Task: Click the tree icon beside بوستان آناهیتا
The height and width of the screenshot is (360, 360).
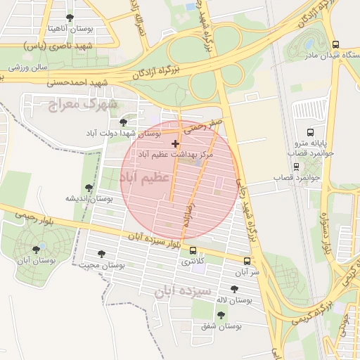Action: click(69, 18)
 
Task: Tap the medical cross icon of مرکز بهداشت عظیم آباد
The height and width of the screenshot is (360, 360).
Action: click(175, 143)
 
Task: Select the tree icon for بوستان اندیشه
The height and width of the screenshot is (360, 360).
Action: click(89, 188)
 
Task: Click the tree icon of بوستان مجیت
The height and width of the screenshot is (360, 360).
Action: click(101, 254)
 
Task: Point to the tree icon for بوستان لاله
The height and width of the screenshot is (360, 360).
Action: click(234, 288)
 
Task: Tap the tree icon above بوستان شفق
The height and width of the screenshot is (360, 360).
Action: click(221, 315)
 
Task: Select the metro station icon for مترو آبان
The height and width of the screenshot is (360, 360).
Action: click(246, 261)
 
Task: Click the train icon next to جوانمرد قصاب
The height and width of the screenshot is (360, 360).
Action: click(296, 167)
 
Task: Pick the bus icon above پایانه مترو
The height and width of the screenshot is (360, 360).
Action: click(310, 132)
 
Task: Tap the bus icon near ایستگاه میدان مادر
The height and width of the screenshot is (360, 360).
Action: click(307, 44)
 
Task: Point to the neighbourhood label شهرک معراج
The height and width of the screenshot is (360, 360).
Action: click(82, 105)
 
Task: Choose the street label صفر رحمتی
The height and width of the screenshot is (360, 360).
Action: click(205, 127)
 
